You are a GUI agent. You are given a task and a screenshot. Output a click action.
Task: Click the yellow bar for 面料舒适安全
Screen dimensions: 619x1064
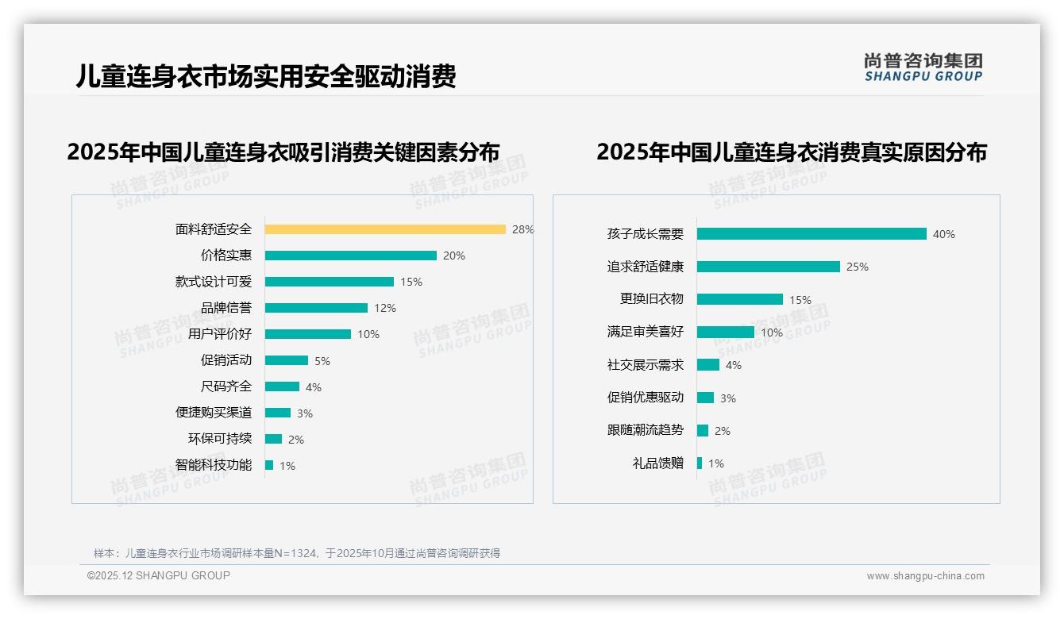point(385,229)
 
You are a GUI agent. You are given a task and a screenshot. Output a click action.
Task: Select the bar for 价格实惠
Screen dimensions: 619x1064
point(350,256)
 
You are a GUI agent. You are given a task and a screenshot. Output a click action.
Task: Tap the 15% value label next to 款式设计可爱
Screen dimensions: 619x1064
point(411,282)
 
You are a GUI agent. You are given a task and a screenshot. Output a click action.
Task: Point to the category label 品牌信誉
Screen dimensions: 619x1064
point(226,308)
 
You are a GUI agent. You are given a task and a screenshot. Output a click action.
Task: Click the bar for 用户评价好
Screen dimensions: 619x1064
point(308,334)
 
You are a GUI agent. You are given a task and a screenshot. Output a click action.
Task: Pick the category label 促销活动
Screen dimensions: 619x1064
point(226,360)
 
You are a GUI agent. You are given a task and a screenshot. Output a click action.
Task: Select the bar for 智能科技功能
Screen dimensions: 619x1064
point(269,465)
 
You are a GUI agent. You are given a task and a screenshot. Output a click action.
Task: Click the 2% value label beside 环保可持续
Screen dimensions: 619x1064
point(295,439)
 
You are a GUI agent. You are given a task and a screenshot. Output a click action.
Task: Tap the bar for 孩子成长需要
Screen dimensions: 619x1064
point(811,234)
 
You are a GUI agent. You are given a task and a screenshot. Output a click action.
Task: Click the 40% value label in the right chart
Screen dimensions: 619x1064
point(944,234)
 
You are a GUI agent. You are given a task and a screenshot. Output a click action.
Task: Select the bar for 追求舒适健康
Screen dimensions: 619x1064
point(769,267)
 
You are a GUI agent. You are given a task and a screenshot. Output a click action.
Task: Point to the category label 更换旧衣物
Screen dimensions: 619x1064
point(652,299)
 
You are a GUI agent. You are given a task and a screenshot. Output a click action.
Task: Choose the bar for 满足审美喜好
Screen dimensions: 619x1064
point(726,333)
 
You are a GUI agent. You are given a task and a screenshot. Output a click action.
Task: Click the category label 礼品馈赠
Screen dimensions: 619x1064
point(658,463)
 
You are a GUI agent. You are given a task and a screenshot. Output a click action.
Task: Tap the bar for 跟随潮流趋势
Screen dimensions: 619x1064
point(703,430)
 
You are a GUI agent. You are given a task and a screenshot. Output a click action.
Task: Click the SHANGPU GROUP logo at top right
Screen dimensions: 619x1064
point(923,67)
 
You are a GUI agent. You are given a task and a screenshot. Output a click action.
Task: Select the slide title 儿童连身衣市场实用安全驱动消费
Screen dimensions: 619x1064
point(266,77)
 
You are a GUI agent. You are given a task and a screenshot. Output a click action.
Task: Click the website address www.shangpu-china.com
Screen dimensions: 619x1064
point(925,576)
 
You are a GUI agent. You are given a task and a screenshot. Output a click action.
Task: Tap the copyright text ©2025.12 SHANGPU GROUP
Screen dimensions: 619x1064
point(159,576)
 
